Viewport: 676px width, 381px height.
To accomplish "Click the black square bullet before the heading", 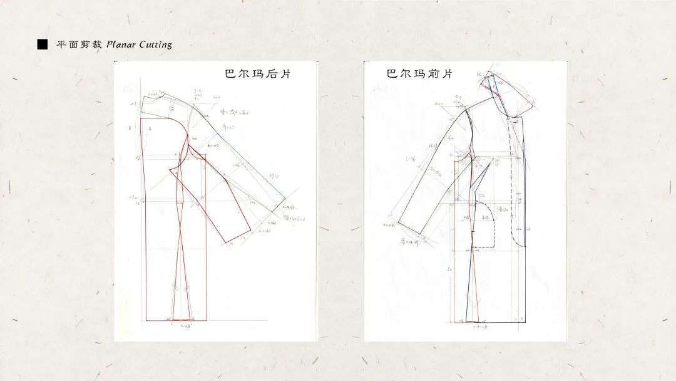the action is click(42, 44).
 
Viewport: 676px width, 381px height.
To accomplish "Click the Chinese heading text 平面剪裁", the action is click(79, 44).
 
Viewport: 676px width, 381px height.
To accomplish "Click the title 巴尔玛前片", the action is click(419, 74).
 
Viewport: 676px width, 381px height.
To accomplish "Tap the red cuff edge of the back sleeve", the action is click(241, 236).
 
